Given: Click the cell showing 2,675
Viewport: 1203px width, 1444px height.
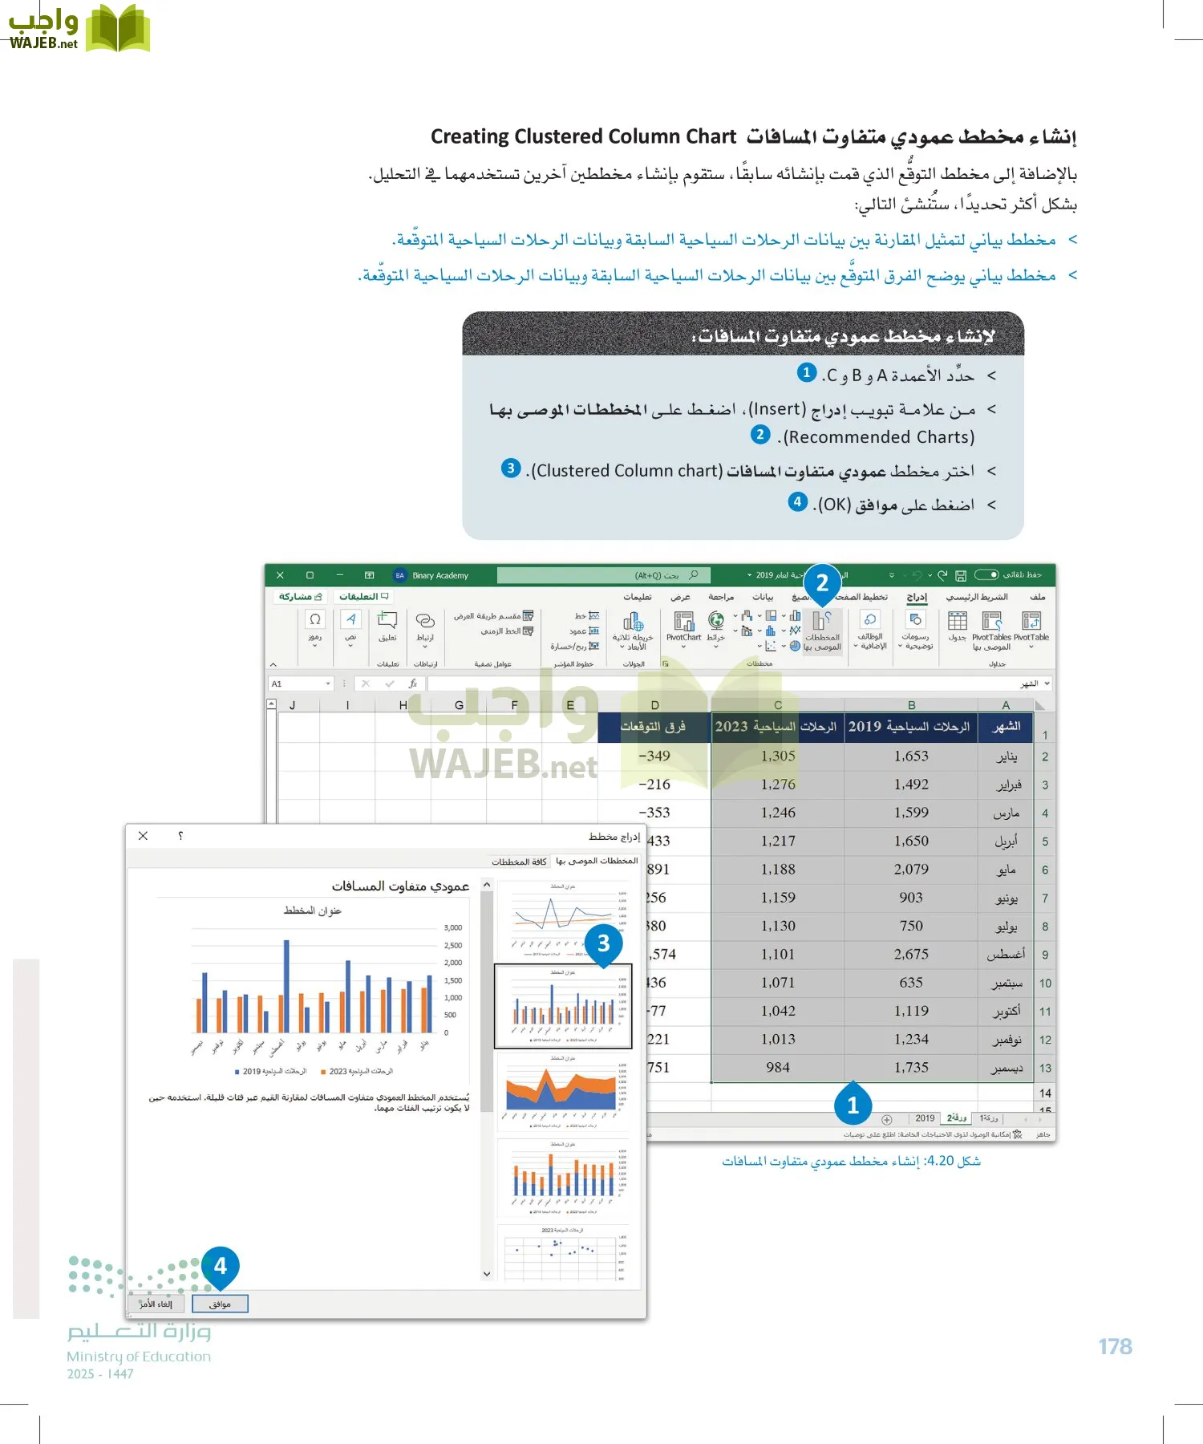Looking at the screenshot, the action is click(x=911, y=954).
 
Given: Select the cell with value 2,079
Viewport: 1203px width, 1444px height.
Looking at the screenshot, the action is click(x=911, y=869).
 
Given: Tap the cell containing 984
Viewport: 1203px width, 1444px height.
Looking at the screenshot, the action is click(x=777, y=1067).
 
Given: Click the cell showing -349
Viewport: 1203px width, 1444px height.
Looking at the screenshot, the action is click(x=654, y=756).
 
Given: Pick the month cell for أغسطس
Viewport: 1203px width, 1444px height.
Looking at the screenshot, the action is click(x=1006, y=954).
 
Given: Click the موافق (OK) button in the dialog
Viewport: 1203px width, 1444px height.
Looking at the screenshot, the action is click(x=220, y=1304).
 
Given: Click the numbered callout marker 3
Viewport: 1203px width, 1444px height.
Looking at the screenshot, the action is click(x=604, y=943).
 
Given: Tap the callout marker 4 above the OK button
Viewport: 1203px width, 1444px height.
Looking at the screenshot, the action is click(x=221, y=1266).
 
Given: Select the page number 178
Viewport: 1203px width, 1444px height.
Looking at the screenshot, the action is click(x=1115, y=1347).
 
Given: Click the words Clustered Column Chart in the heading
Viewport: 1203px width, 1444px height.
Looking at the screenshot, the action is click(x=583, y=136).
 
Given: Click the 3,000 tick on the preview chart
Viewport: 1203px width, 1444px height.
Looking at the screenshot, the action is click(x=453, y=927).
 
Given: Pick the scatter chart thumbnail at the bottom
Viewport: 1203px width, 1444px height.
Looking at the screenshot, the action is click(x=563, y=1255).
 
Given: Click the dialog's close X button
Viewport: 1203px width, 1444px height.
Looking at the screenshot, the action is click(x=143, y=836).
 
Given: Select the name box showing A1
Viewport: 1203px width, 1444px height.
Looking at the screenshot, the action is click(x=298, y=683).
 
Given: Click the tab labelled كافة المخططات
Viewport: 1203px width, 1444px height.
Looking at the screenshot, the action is click(x=519, y=862).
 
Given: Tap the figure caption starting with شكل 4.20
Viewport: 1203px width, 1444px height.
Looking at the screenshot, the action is click(x=851, y=1161).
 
